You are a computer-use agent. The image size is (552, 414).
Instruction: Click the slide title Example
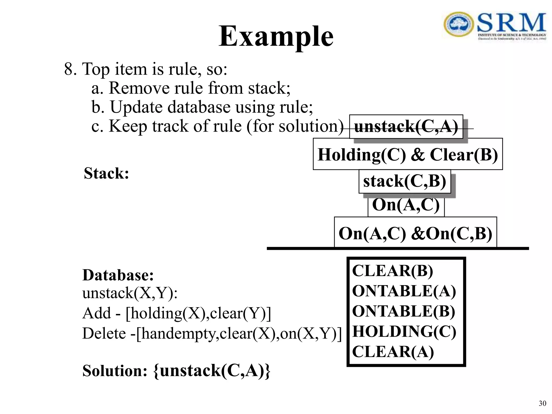tap(276, 36)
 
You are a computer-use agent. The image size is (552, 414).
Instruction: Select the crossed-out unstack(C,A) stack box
tap(406, 126)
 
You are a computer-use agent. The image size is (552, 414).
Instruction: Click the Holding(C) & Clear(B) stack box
tap(408, 154)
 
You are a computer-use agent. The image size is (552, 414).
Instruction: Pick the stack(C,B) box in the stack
tap(405, 181)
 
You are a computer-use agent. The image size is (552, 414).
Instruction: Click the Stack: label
tap(106, 173)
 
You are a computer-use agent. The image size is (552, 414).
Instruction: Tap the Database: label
tap(118, 275)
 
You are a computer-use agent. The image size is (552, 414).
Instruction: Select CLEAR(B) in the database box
tap(392, 271)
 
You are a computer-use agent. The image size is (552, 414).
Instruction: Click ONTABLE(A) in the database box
tap(404, 291)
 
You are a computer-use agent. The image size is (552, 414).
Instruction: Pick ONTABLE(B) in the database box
tap(403, 311)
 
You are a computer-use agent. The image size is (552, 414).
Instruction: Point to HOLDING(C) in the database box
tap(404, 331)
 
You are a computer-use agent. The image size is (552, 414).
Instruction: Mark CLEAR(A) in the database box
tap(393, 351)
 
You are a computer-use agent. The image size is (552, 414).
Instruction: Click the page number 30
tap(542, 403)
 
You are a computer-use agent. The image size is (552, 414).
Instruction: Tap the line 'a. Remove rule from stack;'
tap(191, 88)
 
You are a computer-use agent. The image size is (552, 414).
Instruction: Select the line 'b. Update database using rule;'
tap(202, 107)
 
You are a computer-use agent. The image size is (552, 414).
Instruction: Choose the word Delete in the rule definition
tap(104, 333)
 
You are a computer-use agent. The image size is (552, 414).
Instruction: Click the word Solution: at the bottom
tap(115, 370)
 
